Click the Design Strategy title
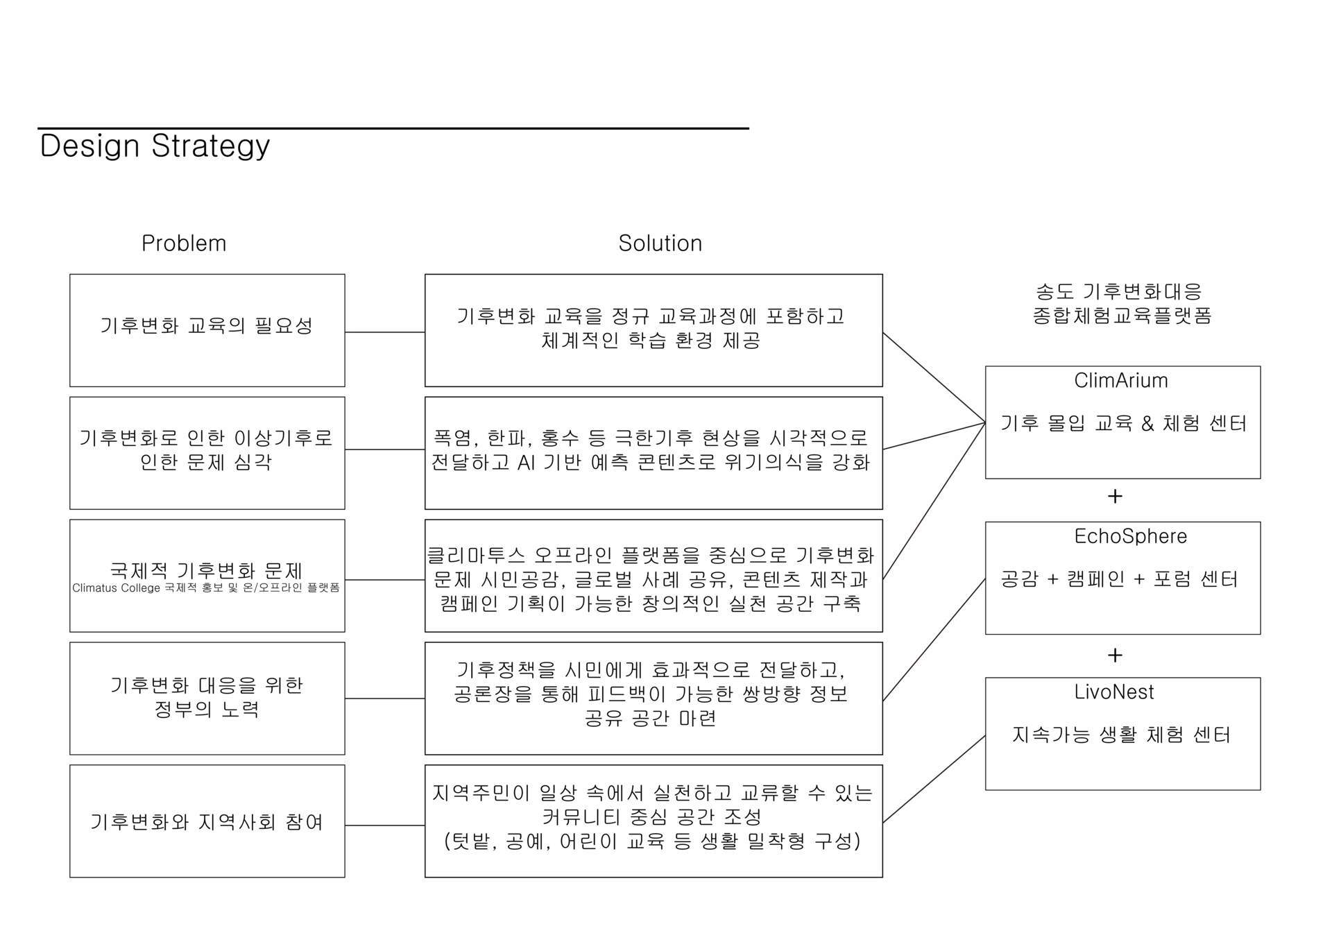pyautogui.click(x=155, y=146)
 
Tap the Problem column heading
pyautogui.click(x=184, y=243)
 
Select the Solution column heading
pyautogui.click(x=660, y=243)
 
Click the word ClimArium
pyautogui.click(x=1120, y=381)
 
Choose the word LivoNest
pyautogui.click(x=1113, y=692)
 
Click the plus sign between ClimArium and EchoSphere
pyautogui.click(x=1115, y=497)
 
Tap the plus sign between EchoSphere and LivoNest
pyautogui.click(x=1115, y=656)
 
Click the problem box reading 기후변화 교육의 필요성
pyautogui.click(x=207, y=330)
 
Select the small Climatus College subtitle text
pyautogui.click(x=206, y=588)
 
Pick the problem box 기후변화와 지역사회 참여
pyautogui.click(x=207, y=821)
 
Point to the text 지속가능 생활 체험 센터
pyautogui.click(x=1121, y=735)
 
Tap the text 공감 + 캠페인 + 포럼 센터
pyautogui.click(x=1119, y=579)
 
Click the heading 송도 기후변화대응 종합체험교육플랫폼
pyautogui.click(x=1122, y=303)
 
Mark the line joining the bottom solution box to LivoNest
pyautogui.click(x=934, y=779)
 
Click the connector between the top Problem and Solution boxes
pyautogui.click(x=384, y=332)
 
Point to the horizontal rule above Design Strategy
pyautogui.click(x=393, y=128)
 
